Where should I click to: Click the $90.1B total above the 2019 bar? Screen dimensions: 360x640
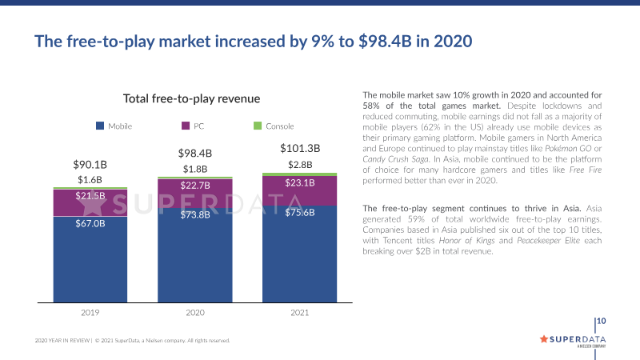(90, 165)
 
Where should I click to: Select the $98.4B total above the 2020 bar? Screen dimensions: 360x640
(194, 153)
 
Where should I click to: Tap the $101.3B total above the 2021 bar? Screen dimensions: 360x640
(300, 148)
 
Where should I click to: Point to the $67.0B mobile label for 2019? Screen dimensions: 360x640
(90, 223)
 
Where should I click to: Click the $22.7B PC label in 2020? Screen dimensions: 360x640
(194, 186)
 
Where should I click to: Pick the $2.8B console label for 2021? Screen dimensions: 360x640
(300, 165)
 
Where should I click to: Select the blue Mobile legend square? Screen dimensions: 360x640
(100, 126)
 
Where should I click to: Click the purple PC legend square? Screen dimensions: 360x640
(186, 126)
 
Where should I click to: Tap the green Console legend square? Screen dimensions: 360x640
(258, 126)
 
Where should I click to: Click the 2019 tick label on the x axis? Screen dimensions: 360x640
(90, 314)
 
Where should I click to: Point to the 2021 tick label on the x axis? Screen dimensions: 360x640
(300, 314)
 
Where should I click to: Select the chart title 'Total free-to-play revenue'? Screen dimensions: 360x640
(192, 98)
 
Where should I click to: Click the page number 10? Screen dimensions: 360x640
(602, 322)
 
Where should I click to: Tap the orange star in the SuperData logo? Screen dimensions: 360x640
(544, 338)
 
